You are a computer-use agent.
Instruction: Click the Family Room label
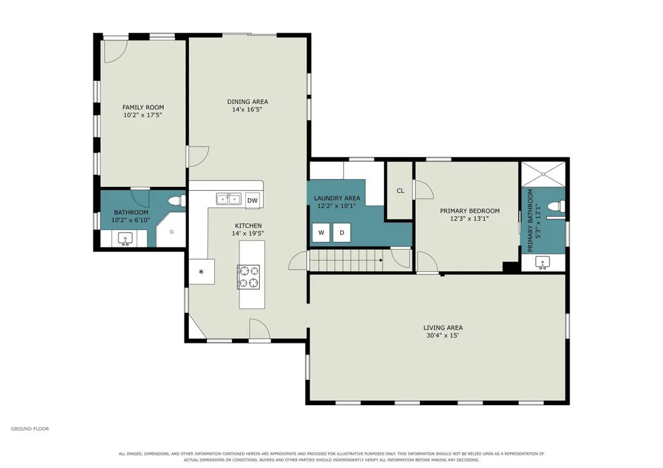[x=143, y=107]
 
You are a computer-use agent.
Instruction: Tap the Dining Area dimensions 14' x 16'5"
[x=247, y=109]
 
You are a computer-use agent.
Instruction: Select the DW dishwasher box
[x=253, y=201]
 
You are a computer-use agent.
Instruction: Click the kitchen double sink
[x=229, y=199]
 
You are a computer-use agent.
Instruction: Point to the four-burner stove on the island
[x=249, y=277]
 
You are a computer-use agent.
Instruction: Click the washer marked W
[x=322, y=233]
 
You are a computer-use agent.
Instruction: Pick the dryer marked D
[x=341, y=233]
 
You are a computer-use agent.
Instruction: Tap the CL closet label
[x=400, y=191]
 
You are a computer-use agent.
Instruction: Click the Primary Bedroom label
[x=470, y=211]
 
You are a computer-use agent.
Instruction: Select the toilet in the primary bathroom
[x=555, y=207]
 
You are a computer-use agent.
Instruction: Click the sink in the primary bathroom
[x=543, y=263]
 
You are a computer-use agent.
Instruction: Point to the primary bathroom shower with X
[x=543, y=174]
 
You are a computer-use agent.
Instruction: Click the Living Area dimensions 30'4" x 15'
[x=443, y=335]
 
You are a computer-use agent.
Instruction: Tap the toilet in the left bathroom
[x=177, y=200]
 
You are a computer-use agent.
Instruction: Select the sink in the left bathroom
[x=125, y=239]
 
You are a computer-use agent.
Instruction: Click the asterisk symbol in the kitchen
[x=202, y=272]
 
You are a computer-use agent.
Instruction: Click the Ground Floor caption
[x=30, y=429]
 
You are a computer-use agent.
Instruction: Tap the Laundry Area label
[x=337, y=198]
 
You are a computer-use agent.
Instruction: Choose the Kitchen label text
[x=248, y=226]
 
